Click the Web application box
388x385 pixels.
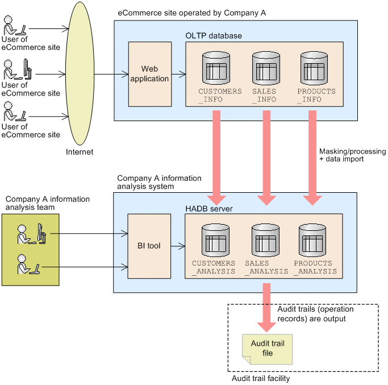149,74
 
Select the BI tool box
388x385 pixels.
149,246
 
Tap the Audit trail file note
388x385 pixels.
268,349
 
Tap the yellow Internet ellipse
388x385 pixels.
80,74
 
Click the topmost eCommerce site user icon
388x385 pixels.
14,26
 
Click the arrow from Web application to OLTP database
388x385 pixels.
178,74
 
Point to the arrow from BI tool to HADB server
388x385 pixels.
178,246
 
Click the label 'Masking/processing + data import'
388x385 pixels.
352,155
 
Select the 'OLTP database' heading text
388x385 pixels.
214,35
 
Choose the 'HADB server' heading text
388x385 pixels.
209,209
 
